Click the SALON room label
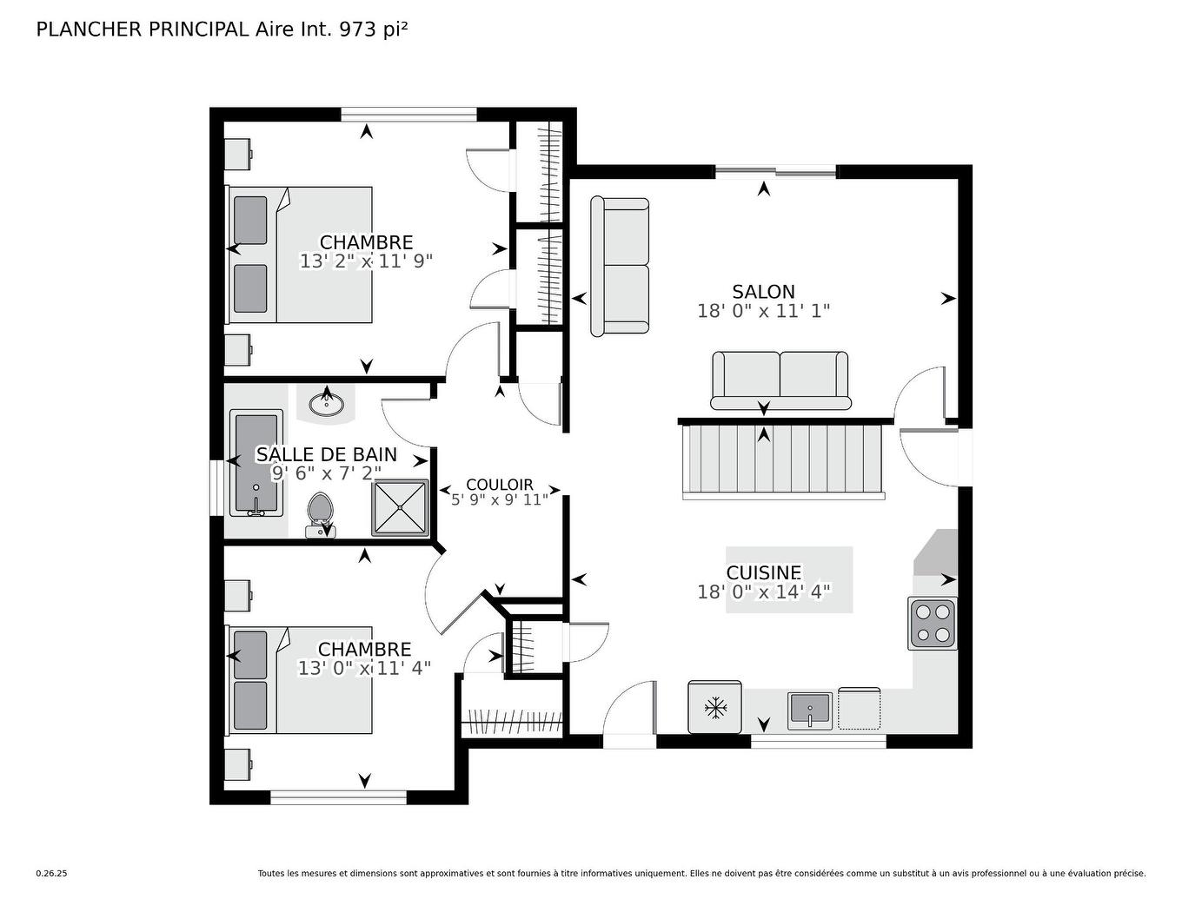763,292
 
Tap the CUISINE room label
763,573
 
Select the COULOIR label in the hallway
500,485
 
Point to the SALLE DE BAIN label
326,454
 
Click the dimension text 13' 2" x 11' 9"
366,261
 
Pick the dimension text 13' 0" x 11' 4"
364,668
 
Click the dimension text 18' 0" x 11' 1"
763,311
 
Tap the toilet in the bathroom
320,515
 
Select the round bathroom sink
327,403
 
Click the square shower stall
401,507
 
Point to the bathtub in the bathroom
256,464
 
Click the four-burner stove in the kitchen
933,623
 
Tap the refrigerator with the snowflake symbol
714,707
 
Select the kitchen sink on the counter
810,710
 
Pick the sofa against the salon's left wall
620,266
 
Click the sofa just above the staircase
780,379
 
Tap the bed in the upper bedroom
300,254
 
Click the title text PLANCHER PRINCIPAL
143,30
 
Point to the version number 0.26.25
51,874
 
